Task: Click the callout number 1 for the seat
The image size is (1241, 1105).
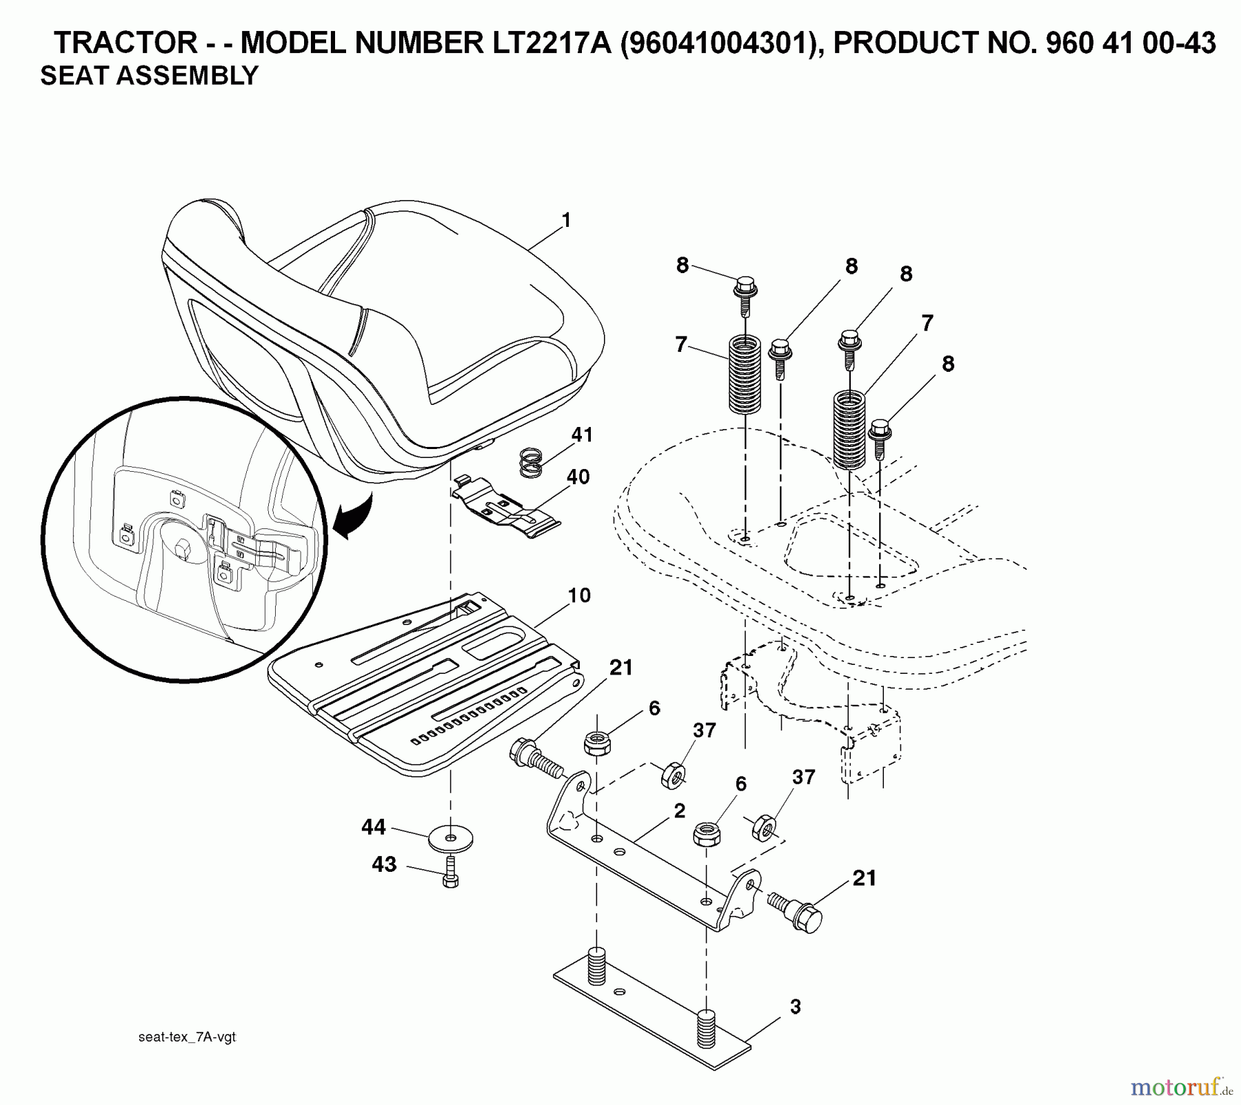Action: (x=566, y=221)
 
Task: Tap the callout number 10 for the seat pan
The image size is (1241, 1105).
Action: (x=579, y=595)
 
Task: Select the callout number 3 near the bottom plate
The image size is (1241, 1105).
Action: (x=795, y=1006)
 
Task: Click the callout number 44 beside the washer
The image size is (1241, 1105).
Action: (x=374, y=826)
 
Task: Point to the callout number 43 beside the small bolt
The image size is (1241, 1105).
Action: (x=384, y=864)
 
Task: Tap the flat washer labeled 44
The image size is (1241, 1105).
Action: (x=450, y=838)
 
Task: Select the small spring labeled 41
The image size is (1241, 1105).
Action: (x=530, y=461)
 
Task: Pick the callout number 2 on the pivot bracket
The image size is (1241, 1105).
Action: (x=679, y=811)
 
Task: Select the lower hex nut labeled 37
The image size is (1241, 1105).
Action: (x=763, y=826)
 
